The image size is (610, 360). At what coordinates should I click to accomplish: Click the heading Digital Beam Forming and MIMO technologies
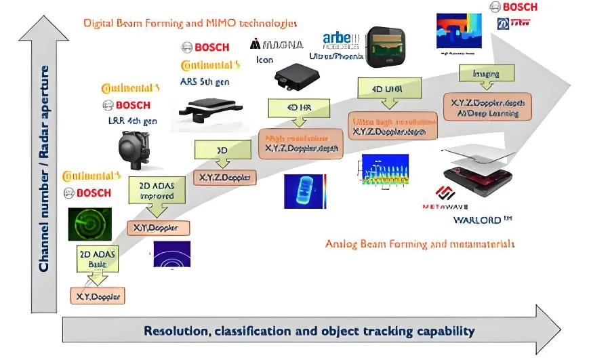pyautogui.click(x=190, y=23)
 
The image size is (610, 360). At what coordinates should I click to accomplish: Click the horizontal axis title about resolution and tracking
pyautogui.click(x=308, y=331)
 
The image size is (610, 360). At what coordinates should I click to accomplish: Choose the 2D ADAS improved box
pyautogui.click(x=157, y=191)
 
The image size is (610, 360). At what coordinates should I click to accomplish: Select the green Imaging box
pyautogui.click(x=486, y=74)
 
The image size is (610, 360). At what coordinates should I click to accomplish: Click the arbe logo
pyautogui.click(x=341, y=40)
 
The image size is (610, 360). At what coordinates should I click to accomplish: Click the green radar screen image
pyautogui.click(x=89, y=224)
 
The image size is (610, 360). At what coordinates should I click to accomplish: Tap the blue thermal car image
pyautogui.click(x=304, y=191)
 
